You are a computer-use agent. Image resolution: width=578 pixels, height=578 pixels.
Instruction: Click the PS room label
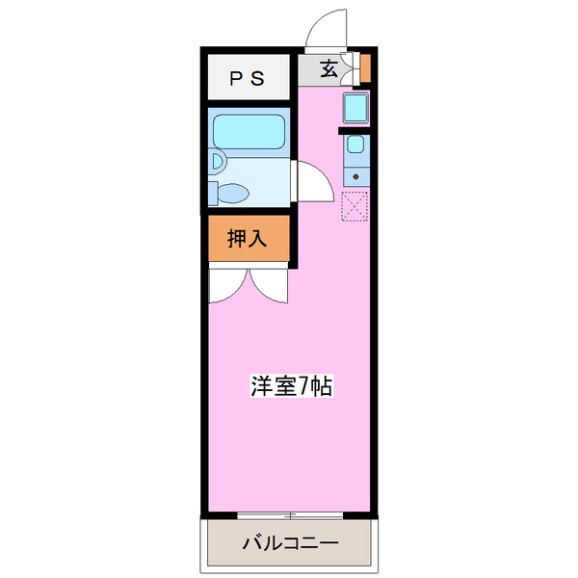[247, 78]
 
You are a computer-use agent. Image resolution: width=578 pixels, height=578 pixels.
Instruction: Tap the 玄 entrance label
[328, 68]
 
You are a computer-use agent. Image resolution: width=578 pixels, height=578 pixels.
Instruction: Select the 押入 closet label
[247, 238]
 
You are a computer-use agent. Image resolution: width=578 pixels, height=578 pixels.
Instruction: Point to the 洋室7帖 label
[291, 386]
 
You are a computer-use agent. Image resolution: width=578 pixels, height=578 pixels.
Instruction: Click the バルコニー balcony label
[290, 543]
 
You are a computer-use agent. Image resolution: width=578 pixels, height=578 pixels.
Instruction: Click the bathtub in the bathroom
[249, 132]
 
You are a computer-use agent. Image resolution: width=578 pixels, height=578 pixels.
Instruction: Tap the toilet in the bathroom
[228, 193]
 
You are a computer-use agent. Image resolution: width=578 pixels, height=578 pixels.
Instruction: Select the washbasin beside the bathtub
[217, 162]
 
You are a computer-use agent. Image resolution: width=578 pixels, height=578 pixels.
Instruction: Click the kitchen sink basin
[355, 144]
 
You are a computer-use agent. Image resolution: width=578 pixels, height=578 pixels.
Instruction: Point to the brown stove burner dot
[355, 177]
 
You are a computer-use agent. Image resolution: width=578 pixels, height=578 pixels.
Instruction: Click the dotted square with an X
[355, 206]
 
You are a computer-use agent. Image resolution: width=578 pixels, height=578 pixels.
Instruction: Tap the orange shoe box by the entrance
[365, 68]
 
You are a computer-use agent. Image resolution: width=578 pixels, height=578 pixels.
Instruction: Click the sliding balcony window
[290, 515]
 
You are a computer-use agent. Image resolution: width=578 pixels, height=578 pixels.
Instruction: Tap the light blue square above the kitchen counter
[355, 108]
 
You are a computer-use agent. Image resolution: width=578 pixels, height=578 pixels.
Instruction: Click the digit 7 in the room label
[303, 386]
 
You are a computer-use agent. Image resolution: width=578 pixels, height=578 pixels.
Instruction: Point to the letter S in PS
[258, 78]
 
